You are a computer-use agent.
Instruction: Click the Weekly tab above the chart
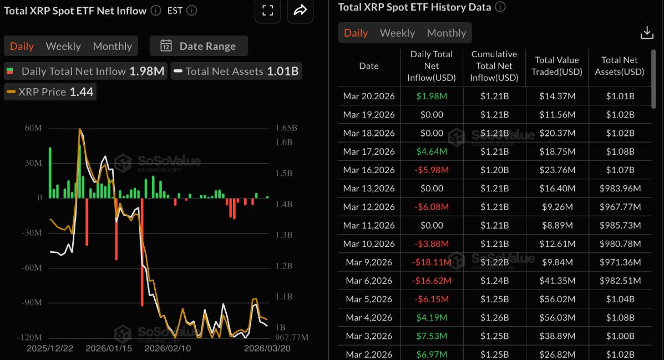(x=63, y=46)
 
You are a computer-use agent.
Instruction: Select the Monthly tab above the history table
(x=446, y=33)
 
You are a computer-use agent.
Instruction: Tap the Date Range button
(x=199, y=46)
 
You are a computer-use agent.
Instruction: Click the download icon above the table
(x=647, y=33)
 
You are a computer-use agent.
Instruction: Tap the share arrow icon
(x=300, y=11)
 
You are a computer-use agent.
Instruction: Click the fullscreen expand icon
(x=268, y=11)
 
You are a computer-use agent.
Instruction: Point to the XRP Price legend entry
(x=50, y=92)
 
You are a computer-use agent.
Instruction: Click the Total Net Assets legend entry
(x=236, y=71)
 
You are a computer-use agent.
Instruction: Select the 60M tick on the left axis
(x=33, y=128)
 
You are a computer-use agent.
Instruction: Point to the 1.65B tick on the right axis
(x=286, y=128)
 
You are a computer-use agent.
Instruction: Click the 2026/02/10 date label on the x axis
(x=168, y=348)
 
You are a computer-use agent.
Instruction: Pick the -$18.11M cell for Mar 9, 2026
(x=431, y=262)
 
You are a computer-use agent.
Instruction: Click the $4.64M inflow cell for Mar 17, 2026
(x=431, y=151)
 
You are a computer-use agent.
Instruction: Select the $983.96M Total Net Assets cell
(x=620, y=189)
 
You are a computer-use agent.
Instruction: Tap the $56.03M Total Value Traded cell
(x=557, y=318)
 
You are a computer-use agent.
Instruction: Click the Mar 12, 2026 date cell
(x=369, y=207)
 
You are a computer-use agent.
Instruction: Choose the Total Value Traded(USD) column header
(x=557, y=66)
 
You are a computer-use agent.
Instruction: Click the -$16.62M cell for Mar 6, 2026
(x=431, y=281)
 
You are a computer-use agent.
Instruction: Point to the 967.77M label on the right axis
(x=291, y=337)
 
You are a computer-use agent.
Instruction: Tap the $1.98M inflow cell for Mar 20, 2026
(x=431, y=96)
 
